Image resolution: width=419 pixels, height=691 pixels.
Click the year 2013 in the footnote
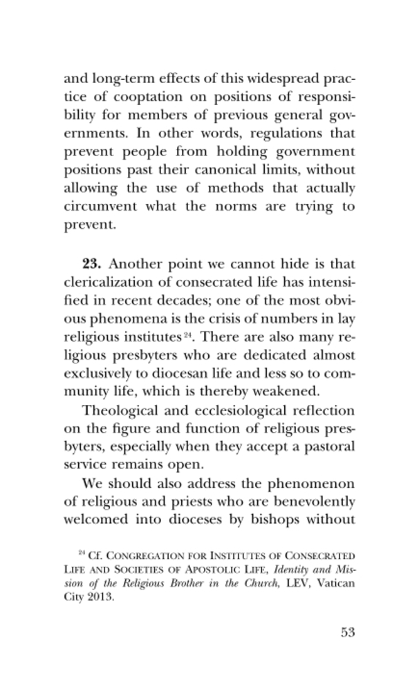tap(100, 599)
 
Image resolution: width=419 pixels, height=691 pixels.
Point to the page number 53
tap(346, 633)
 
